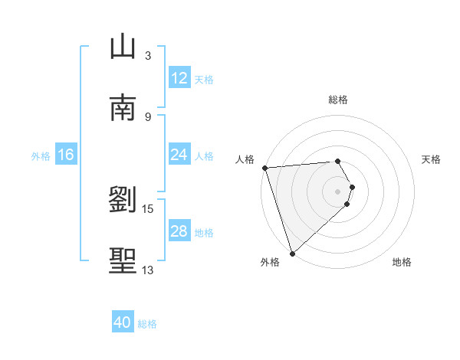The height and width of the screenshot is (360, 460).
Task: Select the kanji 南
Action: (123, 108)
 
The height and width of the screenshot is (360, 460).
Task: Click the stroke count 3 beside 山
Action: (148, 55)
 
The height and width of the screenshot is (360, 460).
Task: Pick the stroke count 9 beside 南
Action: (148, 116)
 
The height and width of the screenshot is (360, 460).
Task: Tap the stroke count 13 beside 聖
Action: (148, 270)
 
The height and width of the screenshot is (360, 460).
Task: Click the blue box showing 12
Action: (179, 78)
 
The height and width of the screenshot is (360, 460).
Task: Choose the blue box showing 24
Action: (179, 155)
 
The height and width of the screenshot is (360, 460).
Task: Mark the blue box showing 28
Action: (179, 231)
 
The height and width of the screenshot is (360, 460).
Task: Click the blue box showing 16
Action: (66, 155)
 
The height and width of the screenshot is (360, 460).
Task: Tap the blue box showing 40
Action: (123, 322)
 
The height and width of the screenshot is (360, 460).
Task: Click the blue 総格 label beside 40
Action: (147, 324)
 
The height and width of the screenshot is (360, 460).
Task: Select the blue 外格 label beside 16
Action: (41, 156)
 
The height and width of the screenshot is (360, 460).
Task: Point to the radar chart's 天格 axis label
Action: (431, 159)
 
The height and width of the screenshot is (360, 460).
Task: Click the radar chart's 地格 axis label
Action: (402, 262)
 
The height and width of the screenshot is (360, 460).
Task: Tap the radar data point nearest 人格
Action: (264, 168)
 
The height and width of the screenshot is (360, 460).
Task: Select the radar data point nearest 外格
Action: (292, 253)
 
